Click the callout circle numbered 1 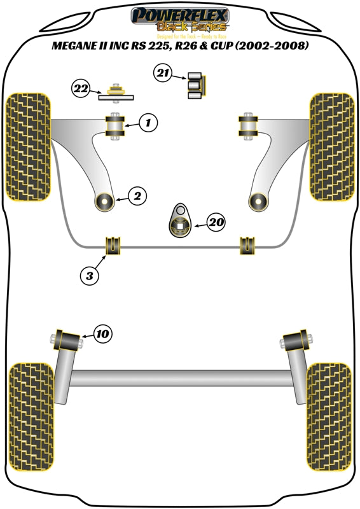(146, 122)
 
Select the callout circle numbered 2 (137, 197)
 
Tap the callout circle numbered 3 (89, 275)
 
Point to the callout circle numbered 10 (102, 333)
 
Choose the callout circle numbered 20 (216, 222)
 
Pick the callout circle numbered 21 (163, 74)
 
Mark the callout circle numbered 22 (81, 89)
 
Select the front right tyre (332, 147)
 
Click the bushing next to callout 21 (195, 85)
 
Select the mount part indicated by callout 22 (117, 93)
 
